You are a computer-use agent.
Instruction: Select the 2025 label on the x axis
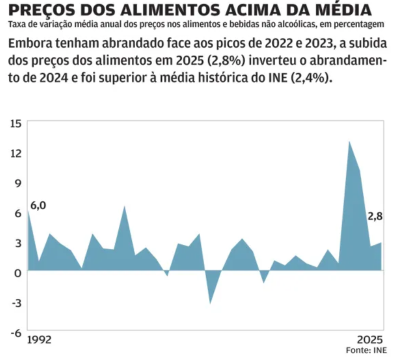point(370,337)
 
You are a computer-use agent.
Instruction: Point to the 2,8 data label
point(375,216)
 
